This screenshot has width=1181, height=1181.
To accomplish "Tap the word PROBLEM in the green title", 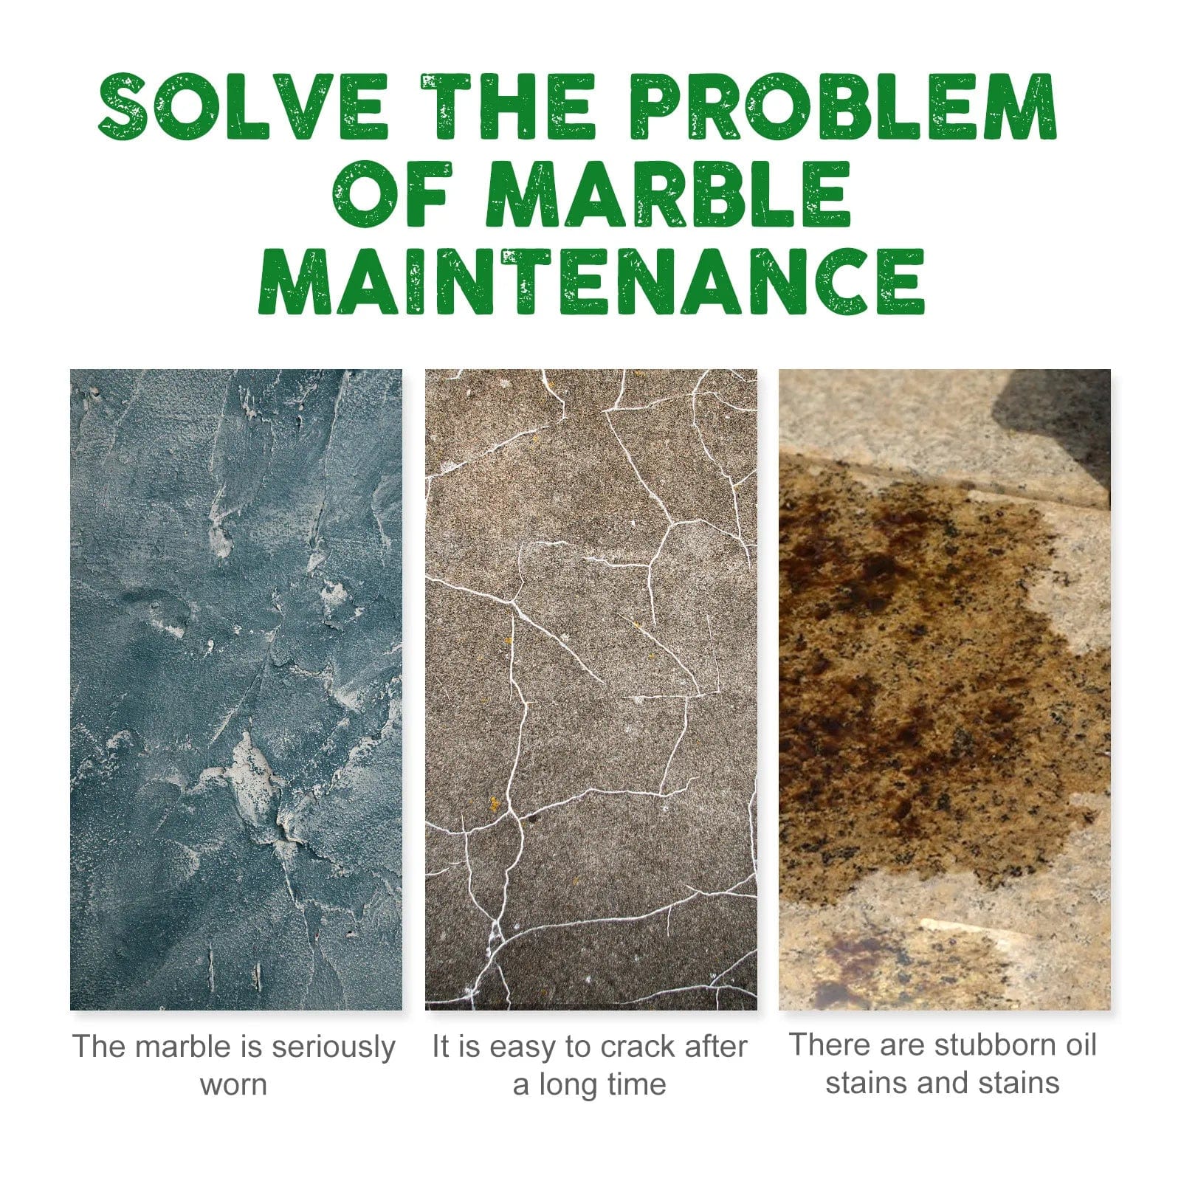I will pyautogui.click(x=845, y=107).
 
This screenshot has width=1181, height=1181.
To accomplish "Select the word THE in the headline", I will pyautogui.click(x=508, y=107).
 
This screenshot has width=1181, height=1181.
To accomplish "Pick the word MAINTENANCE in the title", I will pyautogui.click(x=590, y=282).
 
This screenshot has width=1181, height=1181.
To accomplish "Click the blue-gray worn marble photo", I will pyautogui.click(x=236, y=689).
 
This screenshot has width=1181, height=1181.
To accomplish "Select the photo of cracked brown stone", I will pyautogui.click(x=590, y=689).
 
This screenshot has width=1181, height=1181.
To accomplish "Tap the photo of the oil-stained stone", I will pyautogui.click(x=945, y=689).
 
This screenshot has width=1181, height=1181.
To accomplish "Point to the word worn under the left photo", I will pyautogui.click(x=233, y=1085).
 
